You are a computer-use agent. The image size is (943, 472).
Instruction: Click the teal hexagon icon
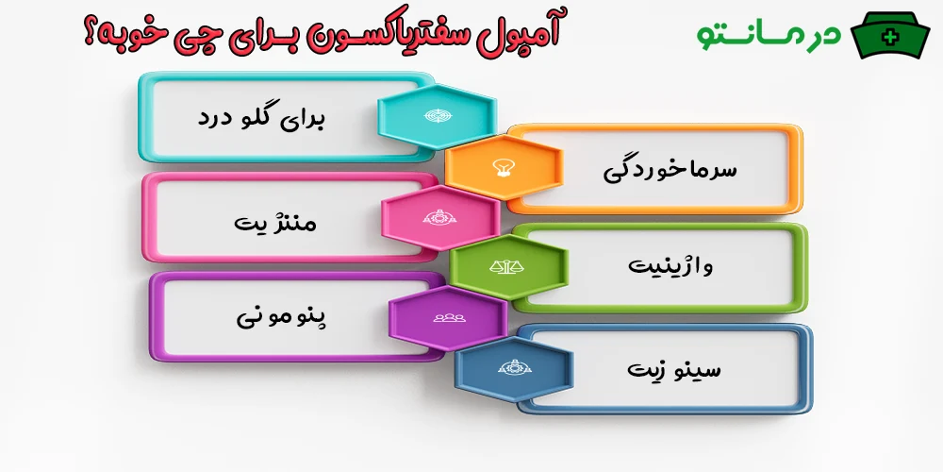pos(437,116)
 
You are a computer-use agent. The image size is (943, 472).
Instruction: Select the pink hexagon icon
pos(439,218)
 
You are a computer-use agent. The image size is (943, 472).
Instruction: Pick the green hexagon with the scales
pos(507,267)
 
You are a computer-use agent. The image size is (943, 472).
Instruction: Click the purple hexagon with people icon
pos(446,317)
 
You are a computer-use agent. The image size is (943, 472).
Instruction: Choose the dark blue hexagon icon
pos(513,368)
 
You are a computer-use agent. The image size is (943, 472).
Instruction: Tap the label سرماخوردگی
pos(670,170)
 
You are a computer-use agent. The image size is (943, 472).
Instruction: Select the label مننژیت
pos(275,223)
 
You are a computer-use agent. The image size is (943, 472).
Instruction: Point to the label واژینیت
pos(671,266)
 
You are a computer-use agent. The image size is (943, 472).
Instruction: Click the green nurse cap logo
pos(890,35)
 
